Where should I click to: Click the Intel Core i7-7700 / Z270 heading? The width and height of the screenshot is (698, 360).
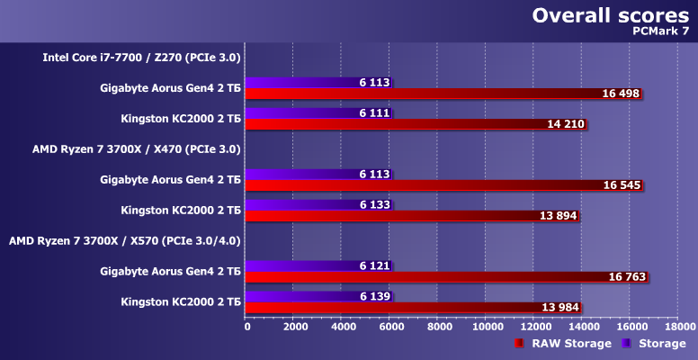pos(142,58)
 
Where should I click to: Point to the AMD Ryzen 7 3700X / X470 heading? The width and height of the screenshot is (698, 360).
pos(136,149)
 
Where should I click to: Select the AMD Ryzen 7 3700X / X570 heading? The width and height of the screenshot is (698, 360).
pos(124,241)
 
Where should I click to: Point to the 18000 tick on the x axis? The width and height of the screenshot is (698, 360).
pos(679,326)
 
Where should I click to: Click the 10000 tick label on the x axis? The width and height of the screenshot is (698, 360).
pos(487,326)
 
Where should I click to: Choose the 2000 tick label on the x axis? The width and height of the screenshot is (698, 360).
pos(295,326)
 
